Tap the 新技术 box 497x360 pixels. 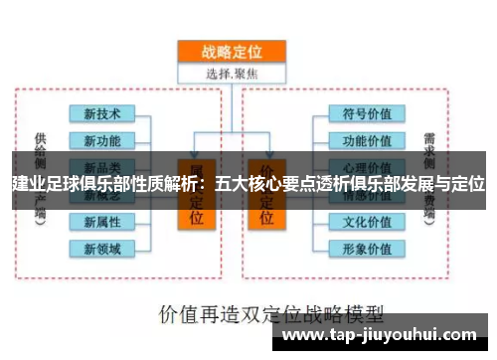pos(102,112)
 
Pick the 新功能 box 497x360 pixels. pos(102,139)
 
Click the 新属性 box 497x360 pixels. pos(102,221)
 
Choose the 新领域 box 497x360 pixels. pos(102,248)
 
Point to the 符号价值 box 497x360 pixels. pos(367,112)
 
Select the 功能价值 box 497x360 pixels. pos(367,139)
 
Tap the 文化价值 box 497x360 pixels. pos(367,221)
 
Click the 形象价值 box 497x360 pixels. pos(367,248)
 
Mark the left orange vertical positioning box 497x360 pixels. pos(197,194)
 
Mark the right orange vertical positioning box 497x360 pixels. pos(267,194)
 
